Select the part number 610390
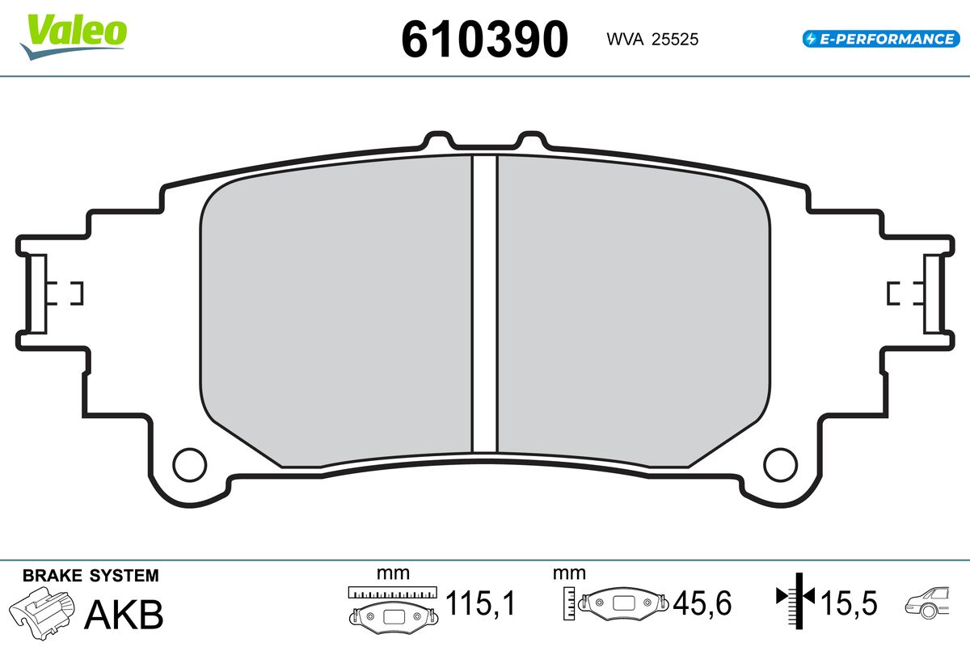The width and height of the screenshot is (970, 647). tap(485, 39)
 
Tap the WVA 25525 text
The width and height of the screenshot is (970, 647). tap(647, 39)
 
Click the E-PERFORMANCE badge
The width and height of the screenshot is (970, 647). tap(879, 39)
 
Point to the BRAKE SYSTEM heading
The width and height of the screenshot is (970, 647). tap(91, 576)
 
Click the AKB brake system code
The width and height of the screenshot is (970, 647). tap(124, 615)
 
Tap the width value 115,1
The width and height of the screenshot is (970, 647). tap(482, 603)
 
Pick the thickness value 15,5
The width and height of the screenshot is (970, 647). tap(848, 603)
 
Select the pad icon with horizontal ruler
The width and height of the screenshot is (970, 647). tap(392, 607)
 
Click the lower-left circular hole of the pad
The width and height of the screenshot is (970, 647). tap(190, 463)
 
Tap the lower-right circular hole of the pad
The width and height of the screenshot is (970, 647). tap(780, 463)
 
